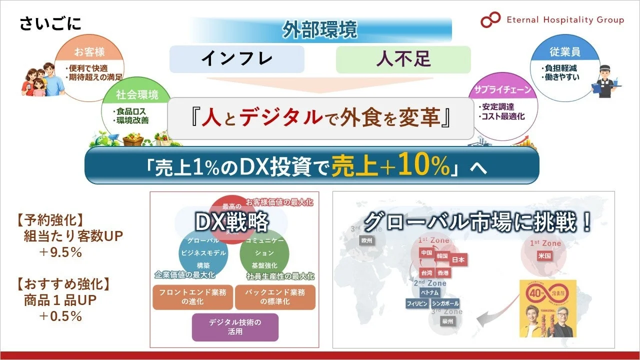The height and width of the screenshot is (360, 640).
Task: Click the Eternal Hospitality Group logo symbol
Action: [x=490, y=20]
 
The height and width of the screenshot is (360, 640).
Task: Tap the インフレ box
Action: [x=237, y=59]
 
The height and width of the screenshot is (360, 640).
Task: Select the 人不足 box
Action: [x=403, y=59]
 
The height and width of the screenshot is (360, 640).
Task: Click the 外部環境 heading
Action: [x=320, y=30]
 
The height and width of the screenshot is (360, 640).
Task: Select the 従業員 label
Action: [x=564, y=52]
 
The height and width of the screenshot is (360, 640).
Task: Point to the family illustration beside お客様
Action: [x=42, y=80]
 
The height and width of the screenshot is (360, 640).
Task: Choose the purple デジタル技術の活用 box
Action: [x=235, y=326]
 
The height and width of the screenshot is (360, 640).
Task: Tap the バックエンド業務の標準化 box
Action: [x=275, y=297]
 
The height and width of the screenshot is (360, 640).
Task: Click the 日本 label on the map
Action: [x=458, y=260]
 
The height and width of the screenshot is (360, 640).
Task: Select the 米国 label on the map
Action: [x=544, y=255]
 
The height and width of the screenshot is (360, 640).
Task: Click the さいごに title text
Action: [x=50, y=23]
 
